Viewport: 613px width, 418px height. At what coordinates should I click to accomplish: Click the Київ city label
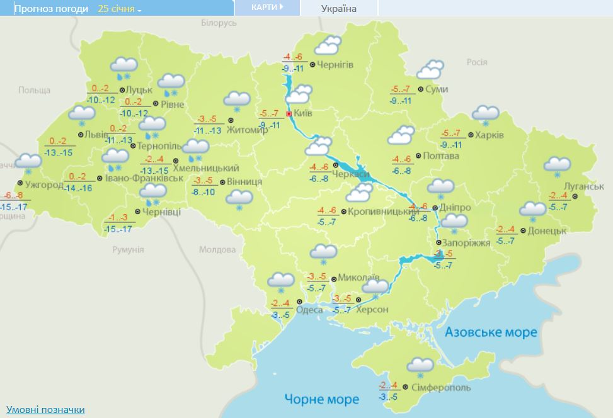coord(303,114)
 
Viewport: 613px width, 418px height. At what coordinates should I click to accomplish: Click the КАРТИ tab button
coord(266,7)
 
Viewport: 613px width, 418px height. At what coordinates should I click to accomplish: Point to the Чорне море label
coord(321,399)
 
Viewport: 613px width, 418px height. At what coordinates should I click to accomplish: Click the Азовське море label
coord(491,332)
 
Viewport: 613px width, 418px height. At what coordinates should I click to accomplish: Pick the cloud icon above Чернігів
coord(328,46)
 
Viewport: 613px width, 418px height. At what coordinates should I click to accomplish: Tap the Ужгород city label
coord(43,185)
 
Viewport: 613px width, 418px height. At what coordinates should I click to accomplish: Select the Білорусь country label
coord(219,23)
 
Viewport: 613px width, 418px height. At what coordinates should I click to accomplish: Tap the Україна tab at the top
coord(339,8)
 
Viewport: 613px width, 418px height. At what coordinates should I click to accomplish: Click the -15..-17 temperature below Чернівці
coord(118,229)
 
